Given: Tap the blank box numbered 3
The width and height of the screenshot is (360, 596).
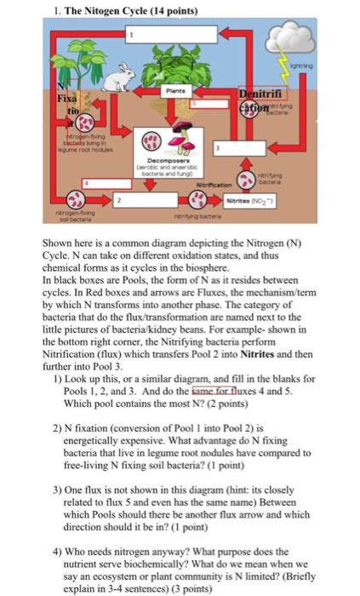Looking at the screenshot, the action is [248, 149].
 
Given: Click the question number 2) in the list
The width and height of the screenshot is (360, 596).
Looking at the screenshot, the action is [57, 430].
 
